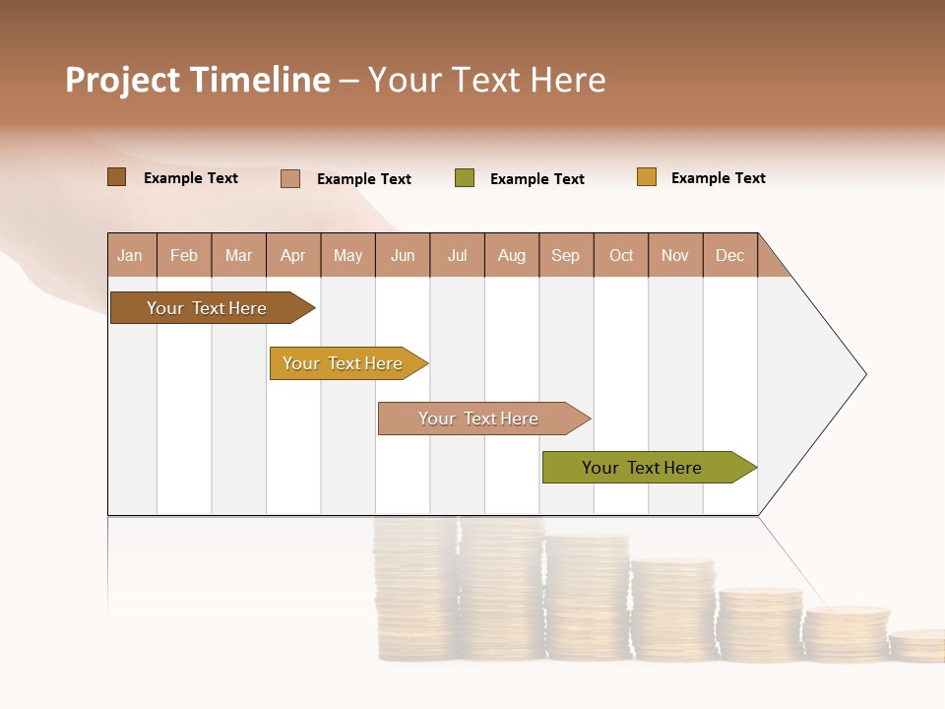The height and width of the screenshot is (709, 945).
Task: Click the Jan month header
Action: click(131, 255)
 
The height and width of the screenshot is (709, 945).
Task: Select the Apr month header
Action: click(292, 255)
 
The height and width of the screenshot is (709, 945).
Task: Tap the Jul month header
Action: click(457, 255)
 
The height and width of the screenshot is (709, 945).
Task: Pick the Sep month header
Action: click(565, 255)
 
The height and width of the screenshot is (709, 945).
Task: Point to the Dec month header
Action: click(729, 255)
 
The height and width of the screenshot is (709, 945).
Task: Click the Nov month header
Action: click(674, 255)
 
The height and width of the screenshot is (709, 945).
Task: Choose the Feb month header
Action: click(184, 255)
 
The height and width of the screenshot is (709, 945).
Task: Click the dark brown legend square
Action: click(116, 177)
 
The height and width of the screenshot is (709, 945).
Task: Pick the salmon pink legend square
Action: click(290, 178)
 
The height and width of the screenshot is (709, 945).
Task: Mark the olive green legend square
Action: click(465, 178)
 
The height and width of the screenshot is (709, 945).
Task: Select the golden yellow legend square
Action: click(646, 177)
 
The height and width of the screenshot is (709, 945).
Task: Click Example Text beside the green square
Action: click(536, 179)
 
